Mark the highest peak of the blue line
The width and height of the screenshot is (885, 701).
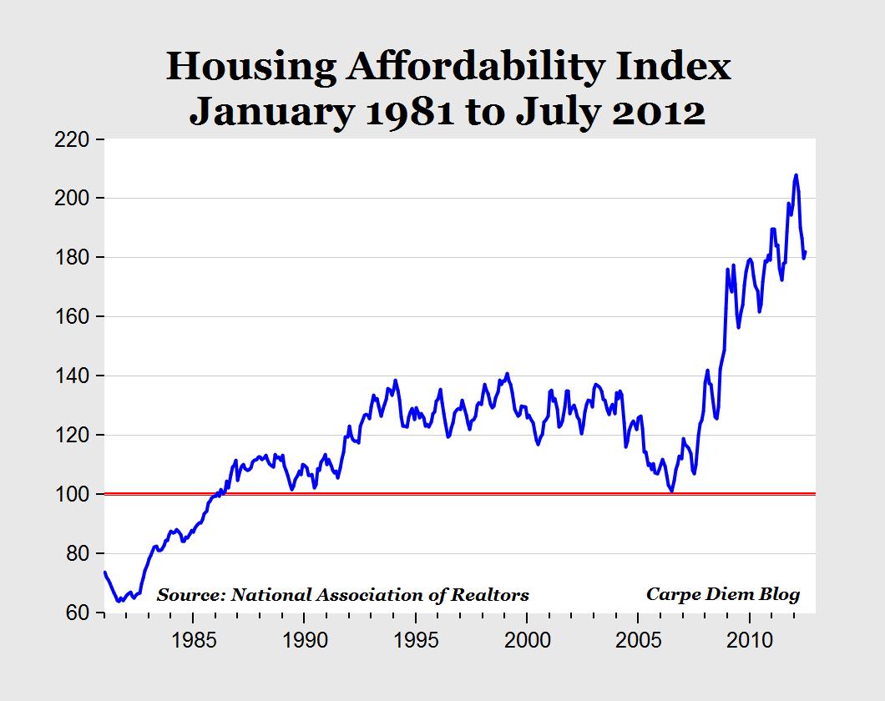tap(796, 175)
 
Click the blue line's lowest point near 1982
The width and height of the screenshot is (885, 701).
tap(119, 601)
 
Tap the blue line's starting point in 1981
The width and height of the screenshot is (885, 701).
tap(104, 572)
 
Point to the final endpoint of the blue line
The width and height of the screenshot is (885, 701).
tap(806, 252)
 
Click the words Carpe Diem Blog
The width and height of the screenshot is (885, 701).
tap(722, 594)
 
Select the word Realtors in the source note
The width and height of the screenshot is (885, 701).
tap(493, 595)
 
